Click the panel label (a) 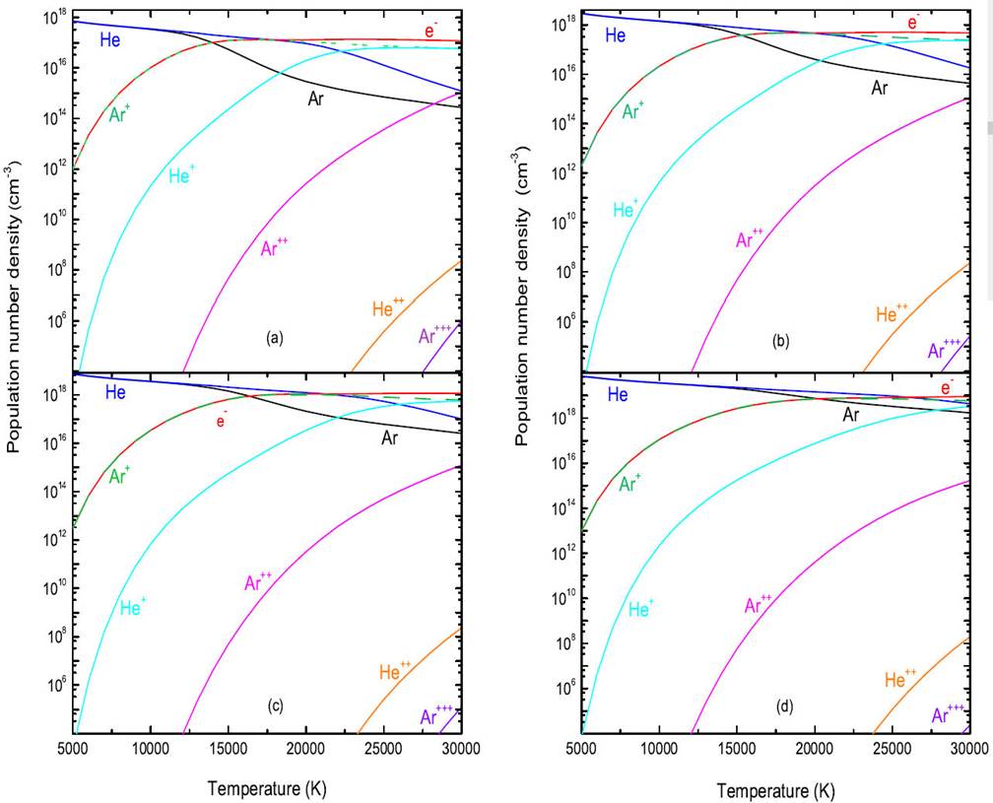(275, 338)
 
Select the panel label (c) (275, 704)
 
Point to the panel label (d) (783, 706)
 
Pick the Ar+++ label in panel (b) (944, 348)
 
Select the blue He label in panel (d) (618, 395)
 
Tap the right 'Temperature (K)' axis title (768, 790)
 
